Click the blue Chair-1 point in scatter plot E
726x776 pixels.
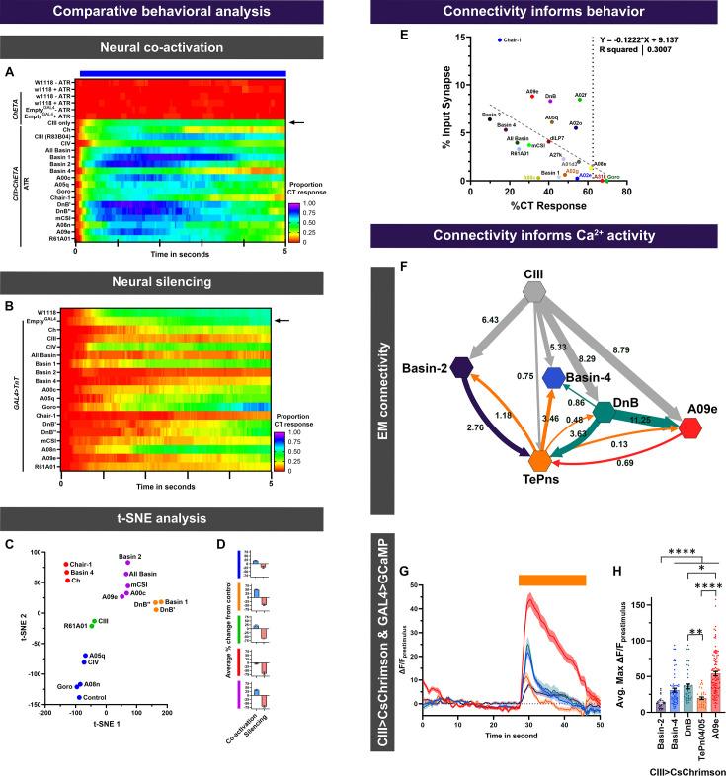[x=500, y=40]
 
